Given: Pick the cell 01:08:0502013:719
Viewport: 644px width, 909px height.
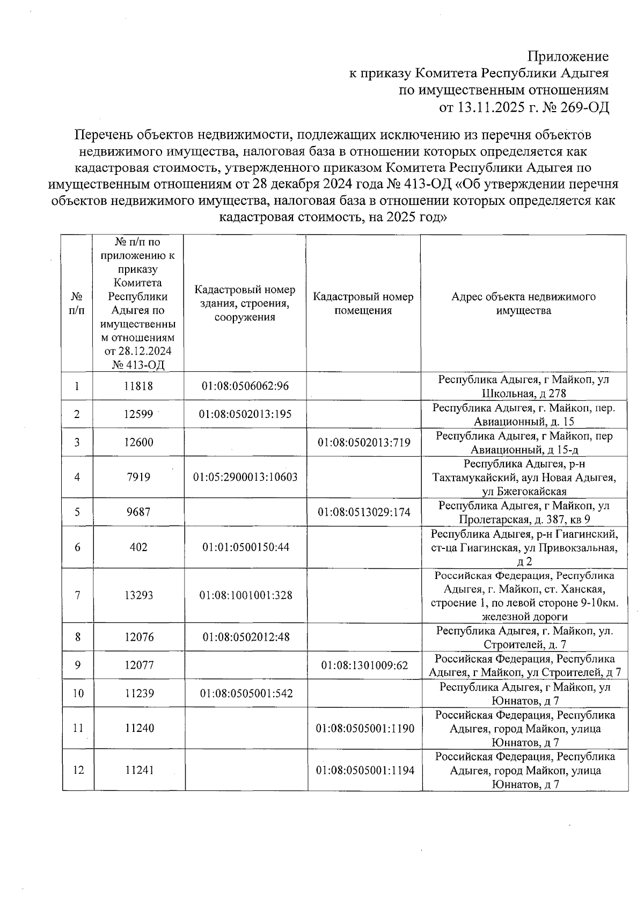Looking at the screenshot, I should (x=364, y=443).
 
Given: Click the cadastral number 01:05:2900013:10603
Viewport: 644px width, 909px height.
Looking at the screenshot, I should (x=245, y=477).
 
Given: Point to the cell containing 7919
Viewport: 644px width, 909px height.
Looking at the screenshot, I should (x=139, y=477).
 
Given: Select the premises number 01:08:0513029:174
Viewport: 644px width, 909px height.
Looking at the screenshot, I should (x=364, y=512).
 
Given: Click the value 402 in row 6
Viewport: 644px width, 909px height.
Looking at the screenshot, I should (x=139, y=547).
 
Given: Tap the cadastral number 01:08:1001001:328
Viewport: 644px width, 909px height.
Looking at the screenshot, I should (x=245, y=596).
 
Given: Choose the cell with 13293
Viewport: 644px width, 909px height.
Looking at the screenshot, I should (x=139, y=596).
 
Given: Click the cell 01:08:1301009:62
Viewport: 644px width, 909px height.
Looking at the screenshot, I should (x=364, y=665).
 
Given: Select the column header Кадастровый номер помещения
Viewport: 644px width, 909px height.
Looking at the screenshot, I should (x=363, y=304).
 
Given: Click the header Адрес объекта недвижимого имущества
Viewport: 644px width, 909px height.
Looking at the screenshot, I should (x=523, y=304).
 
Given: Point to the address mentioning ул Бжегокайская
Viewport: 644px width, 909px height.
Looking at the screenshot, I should (x=523, y=477).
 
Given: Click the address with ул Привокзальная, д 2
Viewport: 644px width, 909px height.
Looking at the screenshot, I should (x=523, y=547).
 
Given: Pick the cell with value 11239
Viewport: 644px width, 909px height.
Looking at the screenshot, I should (x=139, y=693).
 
